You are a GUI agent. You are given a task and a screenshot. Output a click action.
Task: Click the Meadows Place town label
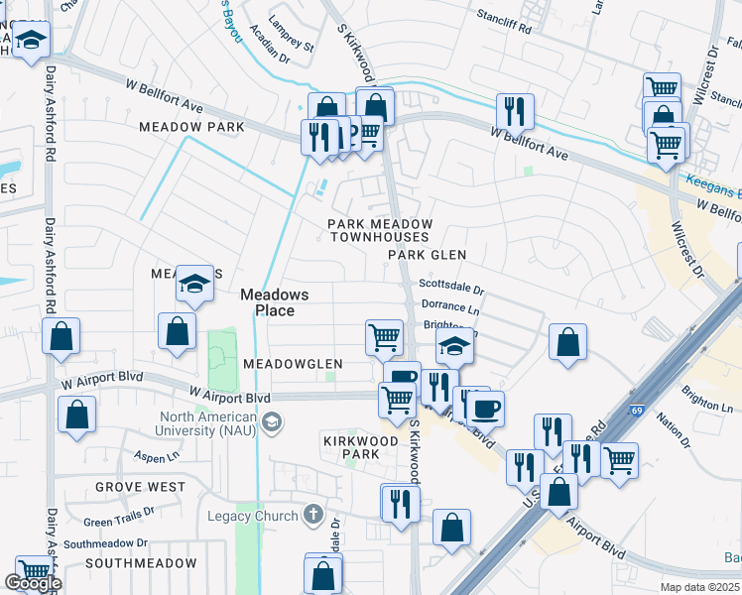coord(274,302)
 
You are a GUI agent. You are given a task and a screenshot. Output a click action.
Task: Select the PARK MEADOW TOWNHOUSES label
coord(379,230)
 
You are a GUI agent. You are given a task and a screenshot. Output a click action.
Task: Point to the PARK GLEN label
coord(427,255)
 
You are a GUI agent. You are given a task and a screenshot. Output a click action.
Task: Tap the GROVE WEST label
coord(140,487)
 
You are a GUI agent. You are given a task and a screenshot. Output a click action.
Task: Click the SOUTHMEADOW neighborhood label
coord(141,562)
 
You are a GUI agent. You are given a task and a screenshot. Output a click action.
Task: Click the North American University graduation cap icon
coord(270,424)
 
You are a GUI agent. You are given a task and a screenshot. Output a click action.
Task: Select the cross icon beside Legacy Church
coord(312,515)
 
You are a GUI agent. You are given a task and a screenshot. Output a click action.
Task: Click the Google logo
coord(33,583)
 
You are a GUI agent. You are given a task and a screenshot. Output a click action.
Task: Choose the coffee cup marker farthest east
coord(486,408)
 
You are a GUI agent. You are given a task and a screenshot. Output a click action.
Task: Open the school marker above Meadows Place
coord(195,285)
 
